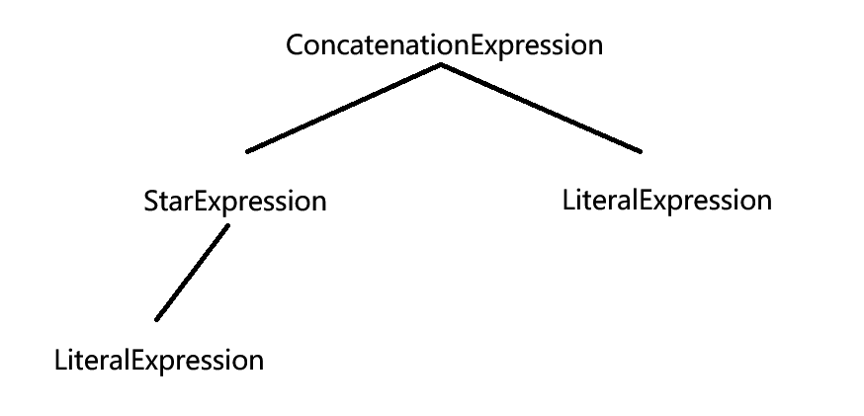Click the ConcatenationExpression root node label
pyautogui.click(x=444, y=45)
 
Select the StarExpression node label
pyautogui.click(x=235, y=203)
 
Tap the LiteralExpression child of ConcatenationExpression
pyautogui.click(x=666, y=201)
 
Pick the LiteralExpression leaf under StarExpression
pyautogui.click(x=159, y=360)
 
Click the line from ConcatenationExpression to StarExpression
pyautogui.click(x=343, y=109)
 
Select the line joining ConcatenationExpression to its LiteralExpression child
pyautogui.click(x=541, y=109)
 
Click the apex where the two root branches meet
pyautogui.click(x=441, y=65)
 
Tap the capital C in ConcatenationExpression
pyautogui.click(x=294, y=45)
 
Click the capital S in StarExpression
pyautogui.click(x=150, y=203)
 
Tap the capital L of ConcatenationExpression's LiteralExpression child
pyautogui.click(x=567, y=201)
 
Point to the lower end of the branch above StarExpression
pyautogui.click(x=248, y=151)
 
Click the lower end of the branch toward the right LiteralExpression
pyautogui.click(x=640, y=151)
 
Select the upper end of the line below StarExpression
pyautogui.click(x=227, y=226)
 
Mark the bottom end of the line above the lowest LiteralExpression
pyautogui.click(x=157, y=319)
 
